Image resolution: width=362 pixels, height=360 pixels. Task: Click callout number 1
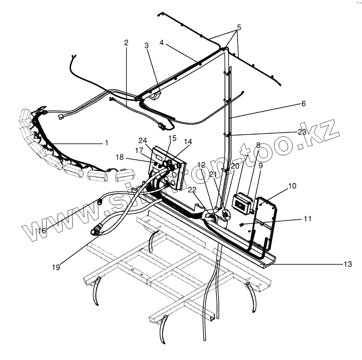pyautogui.click(x=107, y=143)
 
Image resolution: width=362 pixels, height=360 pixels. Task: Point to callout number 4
pyautogui.click(x=162, y=42)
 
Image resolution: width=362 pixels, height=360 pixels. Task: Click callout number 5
pyautogui.click(x=239, y=28)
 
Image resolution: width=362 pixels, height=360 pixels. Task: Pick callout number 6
pyautogui.click(x=303, y=104)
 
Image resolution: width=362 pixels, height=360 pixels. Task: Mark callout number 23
pyautogui.click(x=301, y=131)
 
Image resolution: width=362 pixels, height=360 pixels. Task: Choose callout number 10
pyautogui.click(x=293, y=186)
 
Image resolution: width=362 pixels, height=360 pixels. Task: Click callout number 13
pyautogui.click(x=347, y=264)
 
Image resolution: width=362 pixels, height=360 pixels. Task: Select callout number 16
pyautogui.click(x=42, y=230)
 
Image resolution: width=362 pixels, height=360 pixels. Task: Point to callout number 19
pyautogui.click(x=56, y=267)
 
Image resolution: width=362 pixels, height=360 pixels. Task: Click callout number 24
pyautogui.click(x=142, y=141)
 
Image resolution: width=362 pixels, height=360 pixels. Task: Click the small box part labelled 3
pyautogui.click(x=156, y=96)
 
